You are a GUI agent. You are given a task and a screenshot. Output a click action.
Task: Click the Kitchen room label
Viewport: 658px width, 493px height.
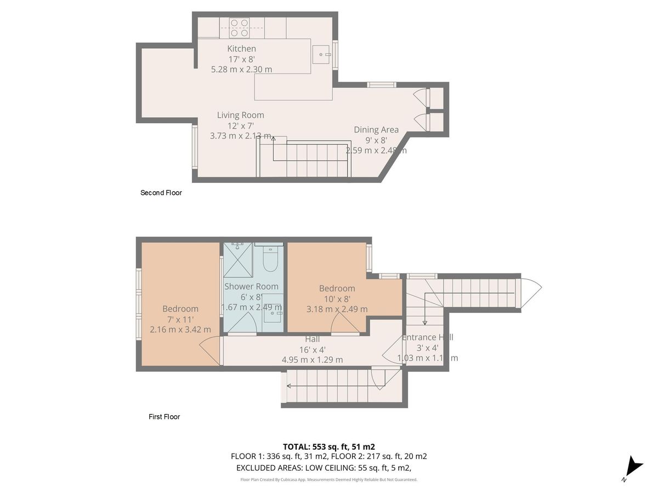(241, 49)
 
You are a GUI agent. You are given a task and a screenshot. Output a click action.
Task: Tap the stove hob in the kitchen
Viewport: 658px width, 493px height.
(239, 27)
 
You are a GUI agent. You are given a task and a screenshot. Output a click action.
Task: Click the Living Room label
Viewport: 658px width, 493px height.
(240, 115)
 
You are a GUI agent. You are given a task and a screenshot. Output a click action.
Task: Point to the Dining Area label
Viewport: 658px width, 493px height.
(376, 130)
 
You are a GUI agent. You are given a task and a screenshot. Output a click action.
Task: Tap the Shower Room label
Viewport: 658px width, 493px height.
(251, 286)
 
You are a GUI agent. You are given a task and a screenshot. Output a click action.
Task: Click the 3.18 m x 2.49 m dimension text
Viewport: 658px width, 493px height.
(337, 309)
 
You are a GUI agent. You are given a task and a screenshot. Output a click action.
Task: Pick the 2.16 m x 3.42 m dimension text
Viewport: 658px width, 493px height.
(180, 329)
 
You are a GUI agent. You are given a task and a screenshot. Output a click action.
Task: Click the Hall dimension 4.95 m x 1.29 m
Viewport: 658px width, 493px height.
(312, 360)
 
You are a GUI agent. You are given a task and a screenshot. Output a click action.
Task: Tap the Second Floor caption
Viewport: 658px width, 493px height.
(161, 193)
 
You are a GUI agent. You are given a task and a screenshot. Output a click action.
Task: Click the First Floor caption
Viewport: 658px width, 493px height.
(164, 417)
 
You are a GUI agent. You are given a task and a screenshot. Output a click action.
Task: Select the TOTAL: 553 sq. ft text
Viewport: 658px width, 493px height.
(328, 446)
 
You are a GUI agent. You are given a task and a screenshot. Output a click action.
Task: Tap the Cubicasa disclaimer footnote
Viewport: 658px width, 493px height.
(329, 480)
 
